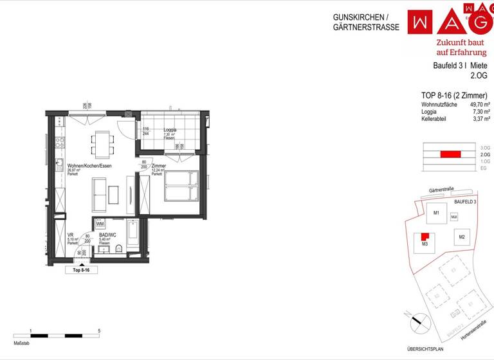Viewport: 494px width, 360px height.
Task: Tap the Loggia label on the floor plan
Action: (170, 130)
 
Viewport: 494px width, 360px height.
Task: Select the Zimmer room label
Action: (159, 166)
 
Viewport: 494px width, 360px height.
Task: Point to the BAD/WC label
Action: (107, 235)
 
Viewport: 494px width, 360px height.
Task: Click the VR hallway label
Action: (70, 235)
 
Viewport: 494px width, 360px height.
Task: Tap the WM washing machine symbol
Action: (100, 224)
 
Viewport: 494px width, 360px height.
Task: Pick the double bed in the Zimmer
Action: (182, 185)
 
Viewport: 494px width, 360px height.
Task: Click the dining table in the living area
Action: (103, 143)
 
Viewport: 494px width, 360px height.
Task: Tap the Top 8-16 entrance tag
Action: (82, 271)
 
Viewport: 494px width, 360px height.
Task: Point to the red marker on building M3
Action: (425, 237)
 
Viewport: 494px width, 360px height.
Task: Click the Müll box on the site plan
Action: (454, 217)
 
